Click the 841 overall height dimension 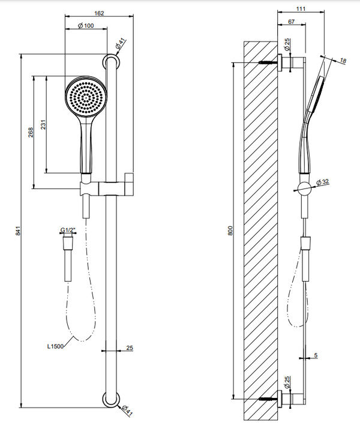click(18, 231)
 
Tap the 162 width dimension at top click(99, 13)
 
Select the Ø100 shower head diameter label click(86, 26)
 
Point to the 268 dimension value click(31, 132)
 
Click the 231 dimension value click(43, 125)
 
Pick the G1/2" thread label click(68, 231)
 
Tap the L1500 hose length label click(55, 346)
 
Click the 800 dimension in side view click(230, 231)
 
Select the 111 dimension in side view click(301, 8)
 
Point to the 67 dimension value click(291, 22)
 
